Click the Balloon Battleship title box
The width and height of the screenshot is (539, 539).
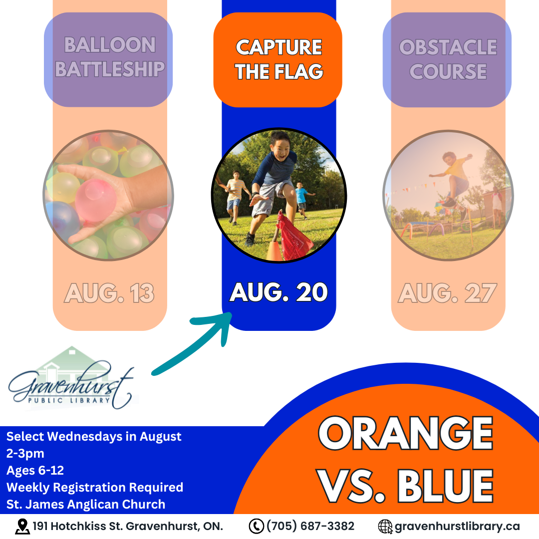[x=108, y=59]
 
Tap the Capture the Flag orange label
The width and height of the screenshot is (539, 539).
[x=278, y=59]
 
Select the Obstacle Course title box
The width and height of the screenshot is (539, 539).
[x=447, y=59]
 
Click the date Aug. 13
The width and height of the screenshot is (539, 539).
[x=109, y=293]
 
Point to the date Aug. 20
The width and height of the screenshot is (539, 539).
[x=278, y=292]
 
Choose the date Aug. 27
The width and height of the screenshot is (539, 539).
[x=448, y=293]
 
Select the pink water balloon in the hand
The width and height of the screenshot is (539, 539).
[x=95, y=200]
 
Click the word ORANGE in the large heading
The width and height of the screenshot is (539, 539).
[x=406, y=433]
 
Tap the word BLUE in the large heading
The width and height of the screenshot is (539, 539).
[x=446, y=486]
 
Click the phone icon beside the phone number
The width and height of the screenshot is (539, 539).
[x=256, y=527]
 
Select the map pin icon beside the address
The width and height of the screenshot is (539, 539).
[x=22, y=527]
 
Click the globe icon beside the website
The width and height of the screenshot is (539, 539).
[x=385, y=527]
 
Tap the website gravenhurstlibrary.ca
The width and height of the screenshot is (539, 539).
[x=457, y=527]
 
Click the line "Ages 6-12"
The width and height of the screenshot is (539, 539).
[x=35, y=470]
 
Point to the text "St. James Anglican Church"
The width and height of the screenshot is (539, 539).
[x=86, y=504]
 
